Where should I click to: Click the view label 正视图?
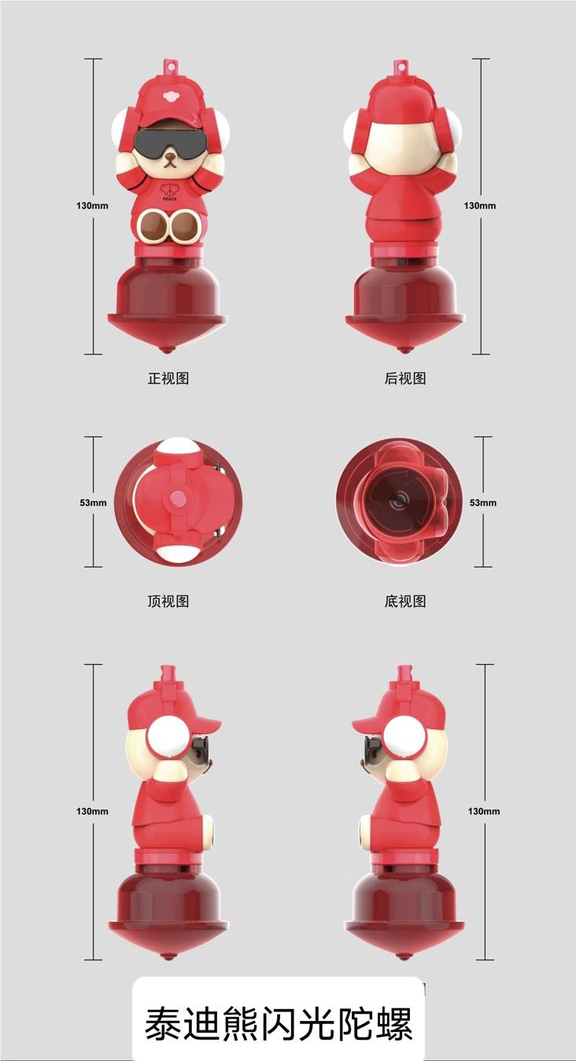168,379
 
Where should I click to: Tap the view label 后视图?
405,379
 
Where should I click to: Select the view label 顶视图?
168,601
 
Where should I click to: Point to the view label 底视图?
405,601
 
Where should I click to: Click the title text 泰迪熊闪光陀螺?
279,1023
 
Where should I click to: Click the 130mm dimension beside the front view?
92,206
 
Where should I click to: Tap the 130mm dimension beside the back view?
480,206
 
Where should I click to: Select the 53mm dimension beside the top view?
93,502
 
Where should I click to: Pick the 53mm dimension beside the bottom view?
483,502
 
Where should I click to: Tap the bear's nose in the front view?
169,155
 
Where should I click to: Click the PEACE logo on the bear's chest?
169,192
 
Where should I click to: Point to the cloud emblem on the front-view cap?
169,97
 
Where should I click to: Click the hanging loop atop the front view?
169,65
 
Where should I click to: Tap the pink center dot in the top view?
179,497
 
